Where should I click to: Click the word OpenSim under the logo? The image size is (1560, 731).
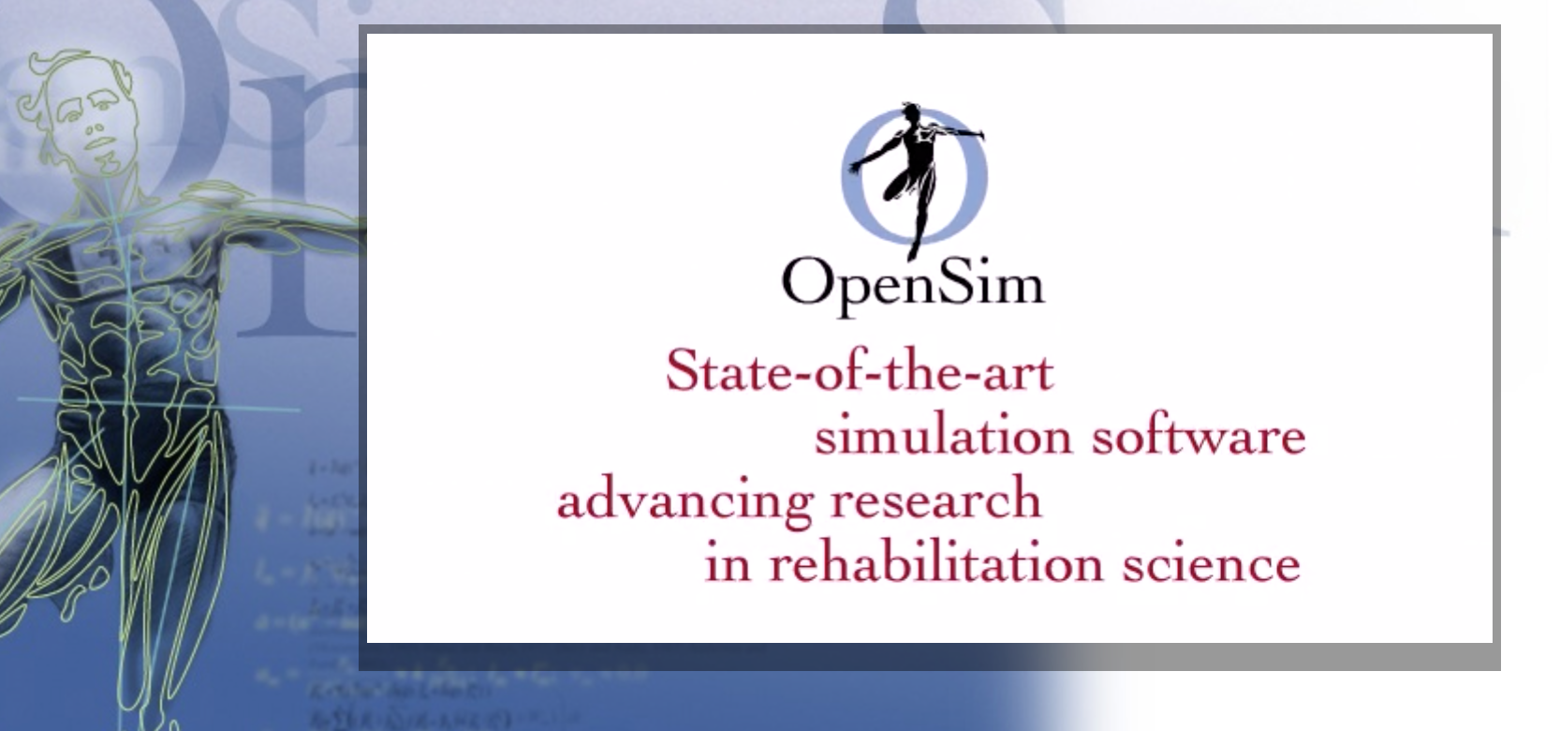913,279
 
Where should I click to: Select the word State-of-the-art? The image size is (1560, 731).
859,371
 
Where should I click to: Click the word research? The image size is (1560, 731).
935,499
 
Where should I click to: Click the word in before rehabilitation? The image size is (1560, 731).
728,563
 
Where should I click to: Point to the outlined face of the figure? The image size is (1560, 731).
94,122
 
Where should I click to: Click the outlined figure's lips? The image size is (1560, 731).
98,145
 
